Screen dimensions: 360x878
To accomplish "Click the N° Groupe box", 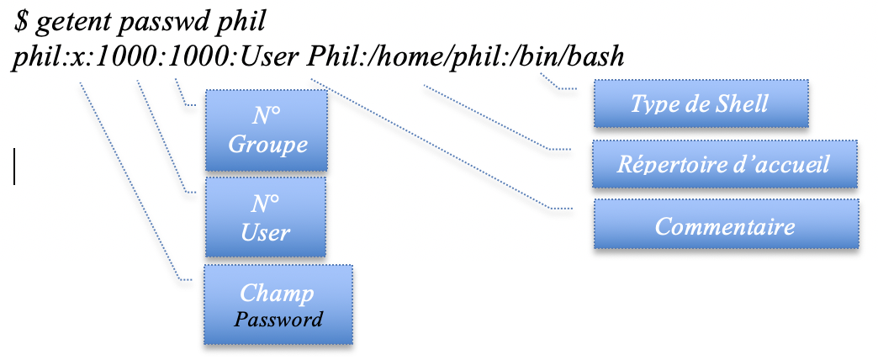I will (x=267, y=130).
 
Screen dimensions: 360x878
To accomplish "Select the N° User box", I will (x=265, y=218).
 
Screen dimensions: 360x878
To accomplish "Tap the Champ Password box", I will (x=277, y=305).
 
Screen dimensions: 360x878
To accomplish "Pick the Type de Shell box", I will (x=701, y=103).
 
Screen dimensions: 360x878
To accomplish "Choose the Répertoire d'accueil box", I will (x=724, y=163).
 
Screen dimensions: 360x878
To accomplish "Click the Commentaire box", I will (x=726, y=225).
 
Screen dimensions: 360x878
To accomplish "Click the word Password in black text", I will (x=278, y=320).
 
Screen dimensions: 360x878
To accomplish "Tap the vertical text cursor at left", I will (x=14, y=165).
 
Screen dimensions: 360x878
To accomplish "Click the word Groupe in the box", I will (x=267, y=144).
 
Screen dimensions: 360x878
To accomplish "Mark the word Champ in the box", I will (x=277, y=293).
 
